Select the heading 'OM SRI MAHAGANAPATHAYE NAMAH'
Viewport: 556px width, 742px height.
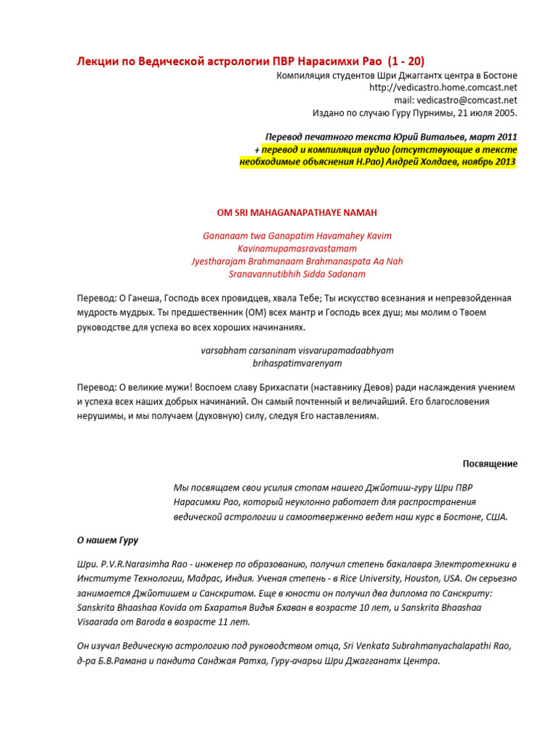pyautogui.click(x=297, y=212)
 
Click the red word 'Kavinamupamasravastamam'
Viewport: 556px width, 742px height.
pyautogui.click(x=297, y=249)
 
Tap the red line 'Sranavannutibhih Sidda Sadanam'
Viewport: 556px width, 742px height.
pyautogui.click(x=297, y=274)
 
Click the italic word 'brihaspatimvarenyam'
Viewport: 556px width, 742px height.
pyautogui.click(x=297, y=362)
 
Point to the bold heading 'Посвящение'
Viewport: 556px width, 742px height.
pyautogui.click(x=490, y=464)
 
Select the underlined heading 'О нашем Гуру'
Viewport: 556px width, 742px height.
pyautogui.click(x=107, y=540)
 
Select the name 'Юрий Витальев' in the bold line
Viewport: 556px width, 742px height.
pyautogui.click(x=416, y=137)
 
